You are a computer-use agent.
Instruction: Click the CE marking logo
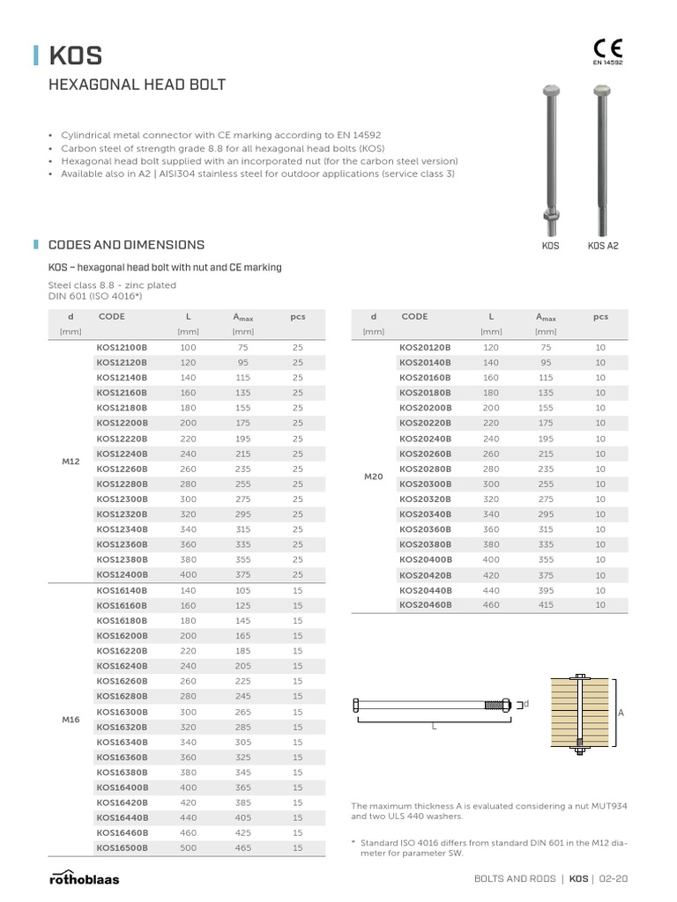click(606, 48)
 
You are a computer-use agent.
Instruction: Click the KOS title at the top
click(75, 56)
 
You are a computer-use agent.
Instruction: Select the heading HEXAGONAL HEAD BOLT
click(140, 85)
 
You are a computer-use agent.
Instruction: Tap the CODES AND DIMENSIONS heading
click(126, 245)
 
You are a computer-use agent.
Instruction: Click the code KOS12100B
click(122, 348)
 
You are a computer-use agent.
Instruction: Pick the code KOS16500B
click(122, 847)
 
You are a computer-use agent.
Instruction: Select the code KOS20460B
click(425, 605)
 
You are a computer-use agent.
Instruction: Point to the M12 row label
click(71, 462)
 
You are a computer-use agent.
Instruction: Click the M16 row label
click(71, 720)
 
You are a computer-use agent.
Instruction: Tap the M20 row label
click(374, 477)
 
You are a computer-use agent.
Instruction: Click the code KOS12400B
click(122, 574)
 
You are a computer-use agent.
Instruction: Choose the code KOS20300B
click(425, 484)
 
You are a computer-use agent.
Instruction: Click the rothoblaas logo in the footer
click(84, 877)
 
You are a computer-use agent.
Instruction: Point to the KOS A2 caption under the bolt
click(603, 246)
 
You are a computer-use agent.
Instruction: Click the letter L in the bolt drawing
click(434, 726)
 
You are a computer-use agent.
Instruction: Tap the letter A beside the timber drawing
click(620, 713)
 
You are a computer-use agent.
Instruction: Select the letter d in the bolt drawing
click(526, 704)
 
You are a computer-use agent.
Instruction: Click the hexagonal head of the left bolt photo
click(550, 92)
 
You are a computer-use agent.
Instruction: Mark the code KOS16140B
click(122, 590)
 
